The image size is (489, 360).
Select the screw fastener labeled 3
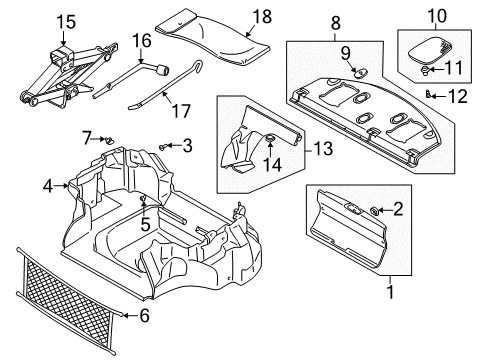(x=162, y=146)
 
